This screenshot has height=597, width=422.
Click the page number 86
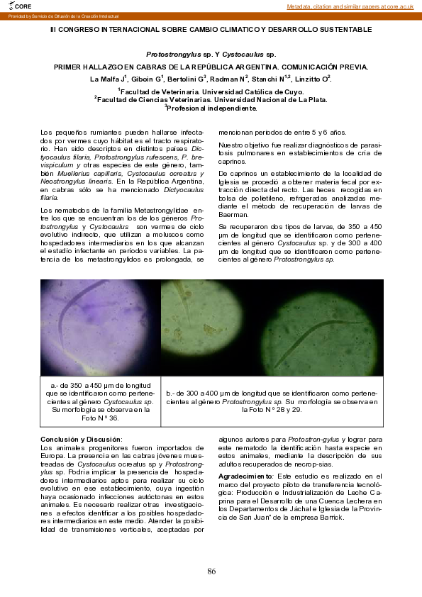211,571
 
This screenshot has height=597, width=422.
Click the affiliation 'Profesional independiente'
212,108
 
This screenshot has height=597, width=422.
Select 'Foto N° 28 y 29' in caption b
273,410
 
